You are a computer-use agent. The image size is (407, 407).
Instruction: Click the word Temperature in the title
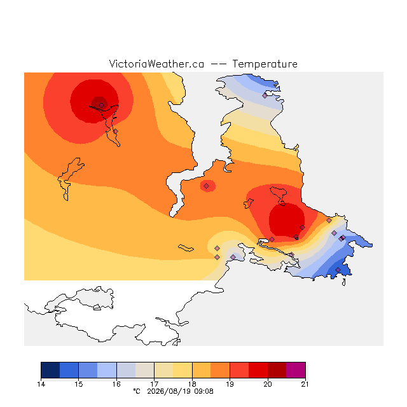[265, 64]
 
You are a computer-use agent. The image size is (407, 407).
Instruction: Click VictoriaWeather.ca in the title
[156, 64]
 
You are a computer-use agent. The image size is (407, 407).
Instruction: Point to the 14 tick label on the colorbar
[41, 384]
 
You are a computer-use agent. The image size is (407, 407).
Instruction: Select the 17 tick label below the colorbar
[154, 384]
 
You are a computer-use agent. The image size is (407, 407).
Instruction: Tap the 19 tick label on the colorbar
[230, 384]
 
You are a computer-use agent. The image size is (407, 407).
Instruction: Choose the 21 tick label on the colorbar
[305, 384]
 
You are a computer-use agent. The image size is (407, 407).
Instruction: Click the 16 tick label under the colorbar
[116, 384]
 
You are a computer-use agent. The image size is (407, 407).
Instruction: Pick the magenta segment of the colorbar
[296, 370]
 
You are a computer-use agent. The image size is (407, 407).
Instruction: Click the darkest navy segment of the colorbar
[50, 370]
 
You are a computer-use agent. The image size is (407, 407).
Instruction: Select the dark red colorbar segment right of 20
[277, 370]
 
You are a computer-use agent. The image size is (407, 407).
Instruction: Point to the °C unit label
[137, 391]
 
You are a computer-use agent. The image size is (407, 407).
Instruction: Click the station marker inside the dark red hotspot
[102, 105]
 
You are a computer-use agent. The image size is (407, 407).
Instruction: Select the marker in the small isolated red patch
[206, 186]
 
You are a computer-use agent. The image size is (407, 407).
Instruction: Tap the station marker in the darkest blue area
[338, 270]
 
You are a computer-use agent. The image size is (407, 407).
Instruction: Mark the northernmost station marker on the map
[265, 95]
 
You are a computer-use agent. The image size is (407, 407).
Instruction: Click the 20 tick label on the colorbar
[268, 384]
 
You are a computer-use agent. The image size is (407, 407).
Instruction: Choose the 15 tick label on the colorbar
[79, 384]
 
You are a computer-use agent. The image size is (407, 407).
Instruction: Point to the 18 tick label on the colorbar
[192, 384]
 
